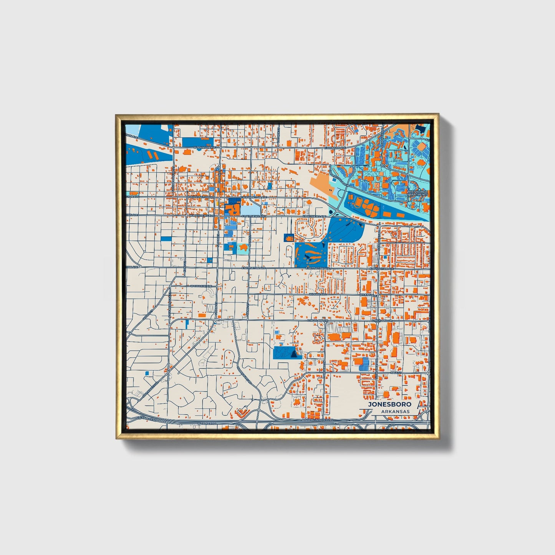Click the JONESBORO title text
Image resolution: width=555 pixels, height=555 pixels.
pos(389,404)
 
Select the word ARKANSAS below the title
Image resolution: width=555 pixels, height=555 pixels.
pos(396,412)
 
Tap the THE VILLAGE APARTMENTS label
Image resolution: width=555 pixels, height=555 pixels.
pos(417,193)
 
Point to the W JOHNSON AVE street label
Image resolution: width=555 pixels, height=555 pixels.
pos(203,147)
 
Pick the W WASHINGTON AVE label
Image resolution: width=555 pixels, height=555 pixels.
pos(200,197)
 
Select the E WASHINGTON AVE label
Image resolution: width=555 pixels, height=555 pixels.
pos(253,197)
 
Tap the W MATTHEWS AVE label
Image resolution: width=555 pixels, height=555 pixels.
pos(200,216)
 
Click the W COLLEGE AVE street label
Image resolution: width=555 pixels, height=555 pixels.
pos(201,286)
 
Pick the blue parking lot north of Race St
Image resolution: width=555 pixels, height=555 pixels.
pos(364,364)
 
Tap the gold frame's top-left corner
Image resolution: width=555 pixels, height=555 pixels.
pos(117,115)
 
